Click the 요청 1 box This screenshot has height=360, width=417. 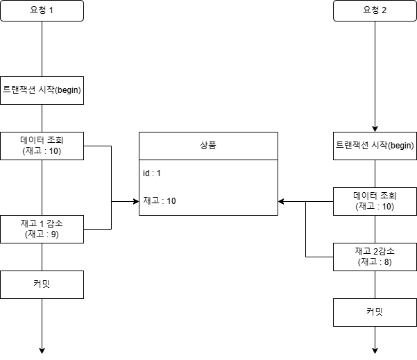[x=42, y=11]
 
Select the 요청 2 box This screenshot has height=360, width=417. [x=375, y=11]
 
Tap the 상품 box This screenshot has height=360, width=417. [x=208, y=146]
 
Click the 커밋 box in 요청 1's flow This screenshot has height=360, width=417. [x=42, y=284]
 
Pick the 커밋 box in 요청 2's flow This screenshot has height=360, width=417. [x=375, y=312]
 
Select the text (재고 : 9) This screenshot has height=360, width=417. [x=42, y=234]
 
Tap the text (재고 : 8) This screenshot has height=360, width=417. [x=375, y=262]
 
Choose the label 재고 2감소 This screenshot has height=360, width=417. [x=375, y=251]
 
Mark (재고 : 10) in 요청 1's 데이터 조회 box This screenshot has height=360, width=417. [x=42, y=151]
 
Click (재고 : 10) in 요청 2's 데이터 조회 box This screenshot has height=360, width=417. [x=375, y=207]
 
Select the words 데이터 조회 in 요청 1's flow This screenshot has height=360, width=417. [x=42, y=140]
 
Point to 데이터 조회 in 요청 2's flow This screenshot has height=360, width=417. [x=375, y=196]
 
